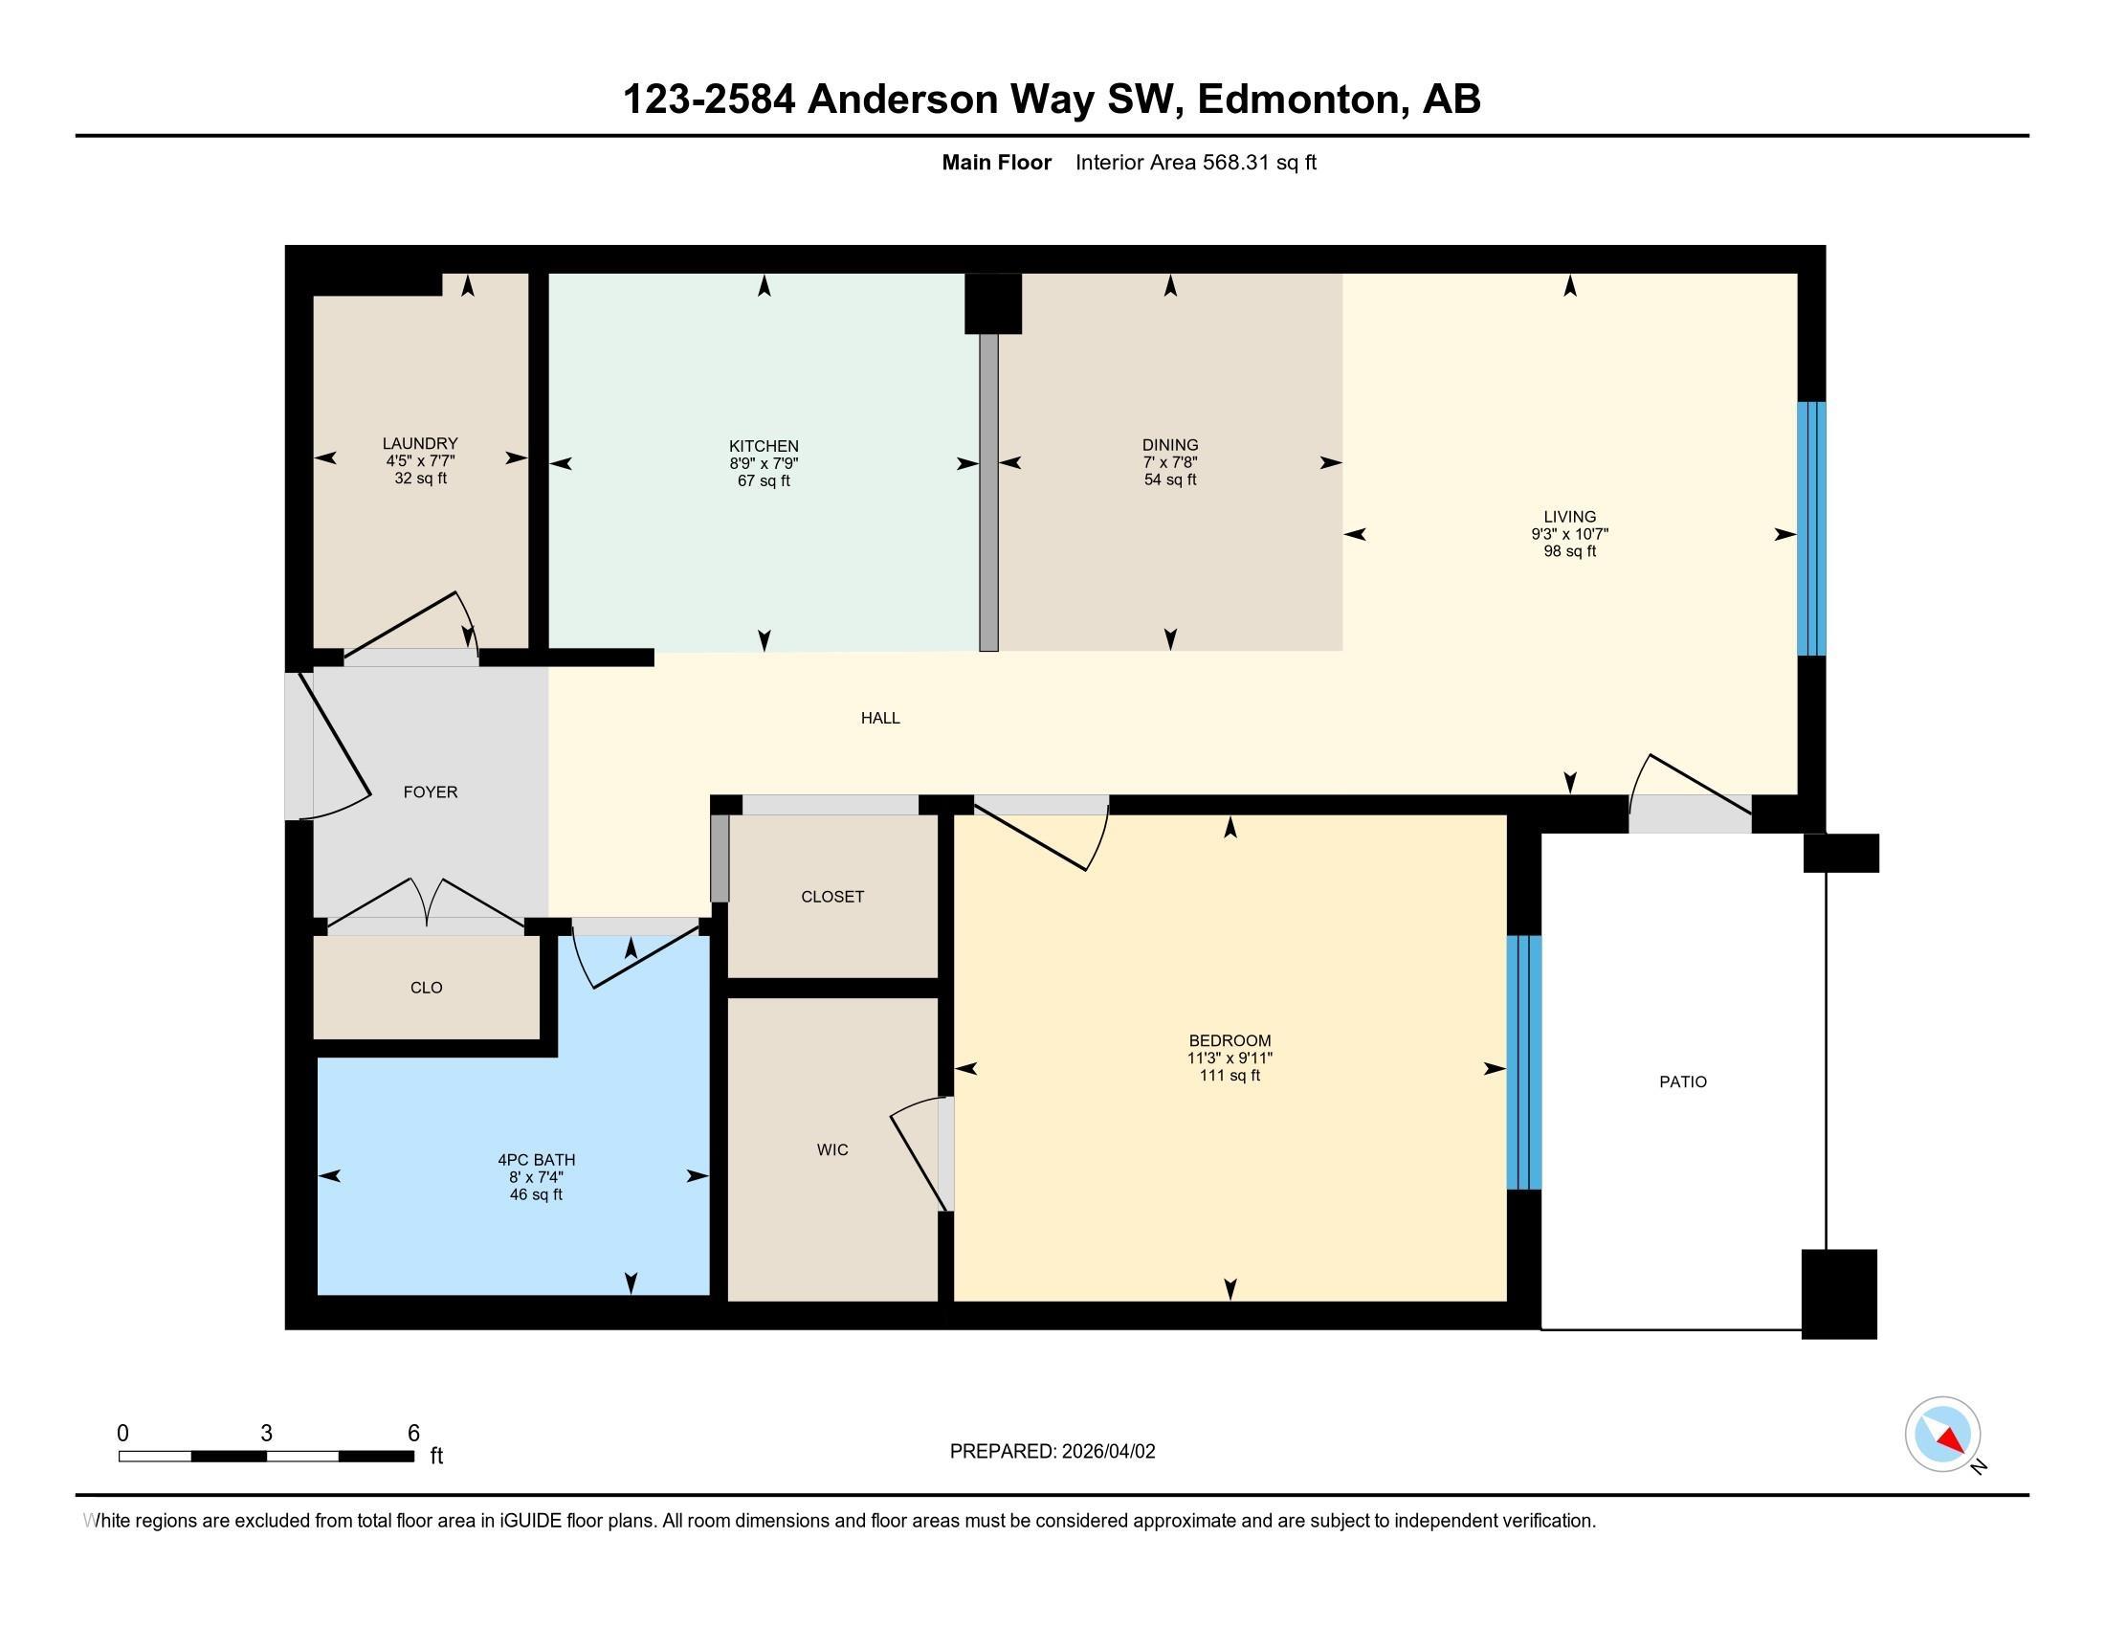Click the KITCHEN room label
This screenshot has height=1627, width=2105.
(x=764, y=446)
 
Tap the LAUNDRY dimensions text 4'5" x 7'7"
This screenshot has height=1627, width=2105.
(x=420, y=461)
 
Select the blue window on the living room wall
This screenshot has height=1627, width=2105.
(x=1811, y=528)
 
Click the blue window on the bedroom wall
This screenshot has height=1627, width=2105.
(x=1523, y=1062)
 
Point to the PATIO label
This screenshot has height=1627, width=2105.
(x=1682, y=1081)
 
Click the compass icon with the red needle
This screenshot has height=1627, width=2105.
(x=1942, y=1434)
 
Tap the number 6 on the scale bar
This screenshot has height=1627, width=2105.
(x=413, y=1433)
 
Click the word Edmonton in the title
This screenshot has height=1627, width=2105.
(x=1297, y=100)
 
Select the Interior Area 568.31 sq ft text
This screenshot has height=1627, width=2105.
(x=1195, y=163)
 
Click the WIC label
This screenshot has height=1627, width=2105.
(x=831, y=1148)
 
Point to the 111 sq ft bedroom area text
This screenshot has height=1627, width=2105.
(x=1229, y=1076)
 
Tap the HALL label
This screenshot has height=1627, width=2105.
(x=880, y=718)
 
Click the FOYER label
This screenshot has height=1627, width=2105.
(x=430, y=792)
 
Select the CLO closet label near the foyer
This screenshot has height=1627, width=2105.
(x=426, y=987)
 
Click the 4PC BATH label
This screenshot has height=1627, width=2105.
(x=536, y=1160)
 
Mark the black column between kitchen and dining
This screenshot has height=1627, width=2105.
(x=993, y=303)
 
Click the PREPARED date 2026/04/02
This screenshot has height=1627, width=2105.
(x=1106, y=1452)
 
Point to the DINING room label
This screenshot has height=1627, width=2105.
(x=1170, y=445)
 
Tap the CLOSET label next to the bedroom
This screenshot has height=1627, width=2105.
(x=831, y=897)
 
